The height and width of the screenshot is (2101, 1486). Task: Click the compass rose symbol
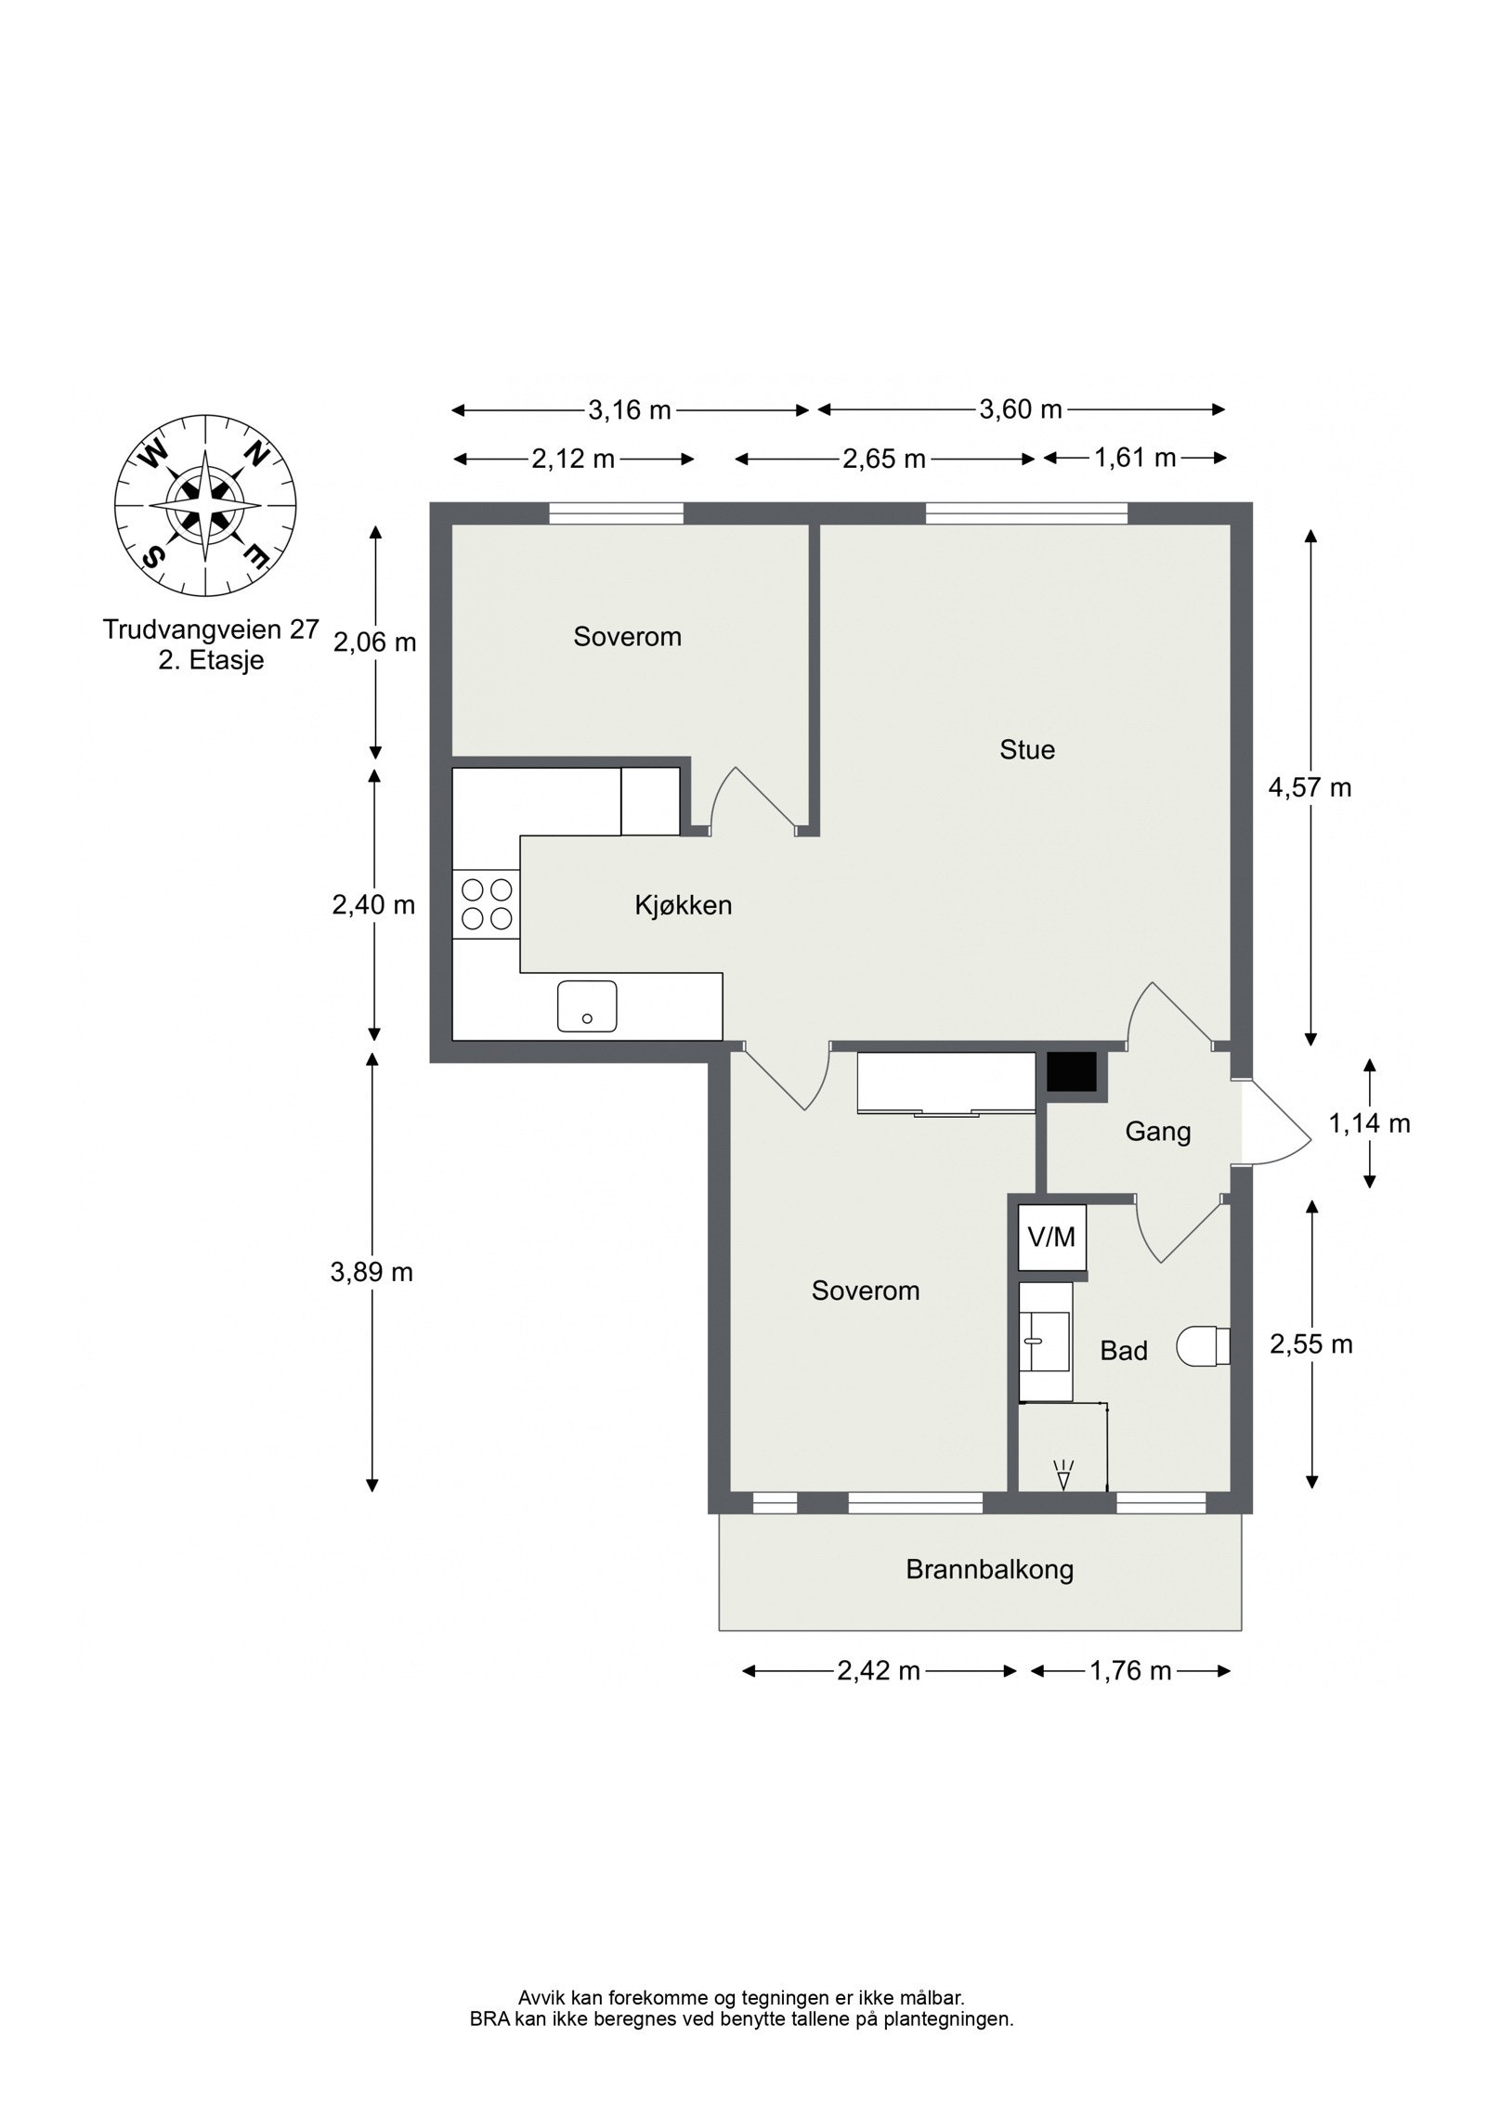(204, 506)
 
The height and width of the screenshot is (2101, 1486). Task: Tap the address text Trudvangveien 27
(211, 629)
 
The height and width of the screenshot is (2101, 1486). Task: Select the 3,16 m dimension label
(629, 409)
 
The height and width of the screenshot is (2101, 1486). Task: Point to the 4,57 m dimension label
(1310, 787)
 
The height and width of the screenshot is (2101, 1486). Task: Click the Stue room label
(1027, 749)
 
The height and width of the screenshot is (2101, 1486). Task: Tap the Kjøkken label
(684, 905)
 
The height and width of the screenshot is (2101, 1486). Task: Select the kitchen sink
(586, 1005)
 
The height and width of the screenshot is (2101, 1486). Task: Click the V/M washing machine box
(1051, 1237)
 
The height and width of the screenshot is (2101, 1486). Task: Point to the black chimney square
(1072, 1071)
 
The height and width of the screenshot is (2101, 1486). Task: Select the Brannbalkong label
(989, 1570)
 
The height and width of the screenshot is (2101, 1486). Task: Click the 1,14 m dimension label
(1369, 1123)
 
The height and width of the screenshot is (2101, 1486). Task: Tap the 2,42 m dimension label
(878, 1671)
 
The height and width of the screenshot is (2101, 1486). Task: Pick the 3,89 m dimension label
(371, 1272)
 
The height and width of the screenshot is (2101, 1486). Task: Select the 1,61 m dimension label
(1134, 458)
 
